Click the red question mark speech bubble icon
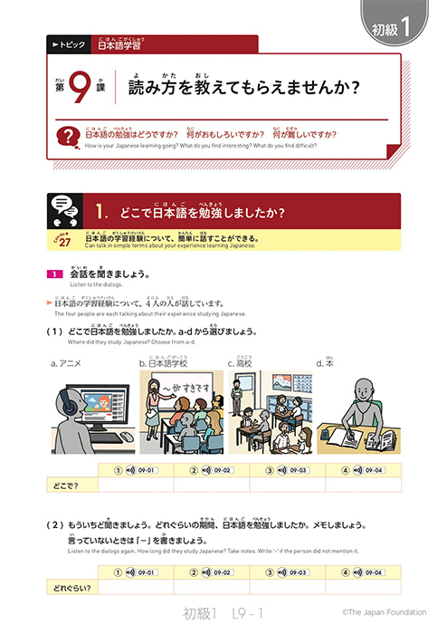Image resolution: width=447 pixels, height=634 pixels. coord(66,139)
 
